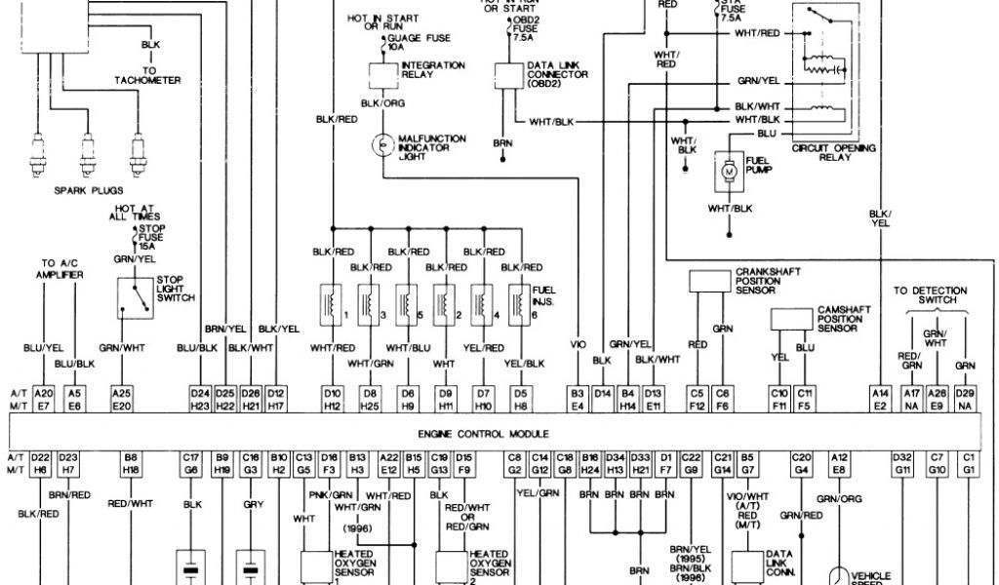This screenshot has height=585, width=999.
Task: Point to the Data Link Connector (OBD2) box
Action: tap(507, 74)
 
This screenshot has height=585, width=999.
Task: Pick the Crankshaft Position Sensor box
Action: tap(710, 281)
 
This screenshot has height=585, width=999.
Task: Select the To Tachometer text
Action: tap(148, 75)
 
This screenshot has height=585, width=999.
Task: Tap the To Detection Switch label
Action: tap(930, 295)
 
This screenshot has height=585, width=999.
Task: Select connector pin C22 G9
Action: tap(691, 462)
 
